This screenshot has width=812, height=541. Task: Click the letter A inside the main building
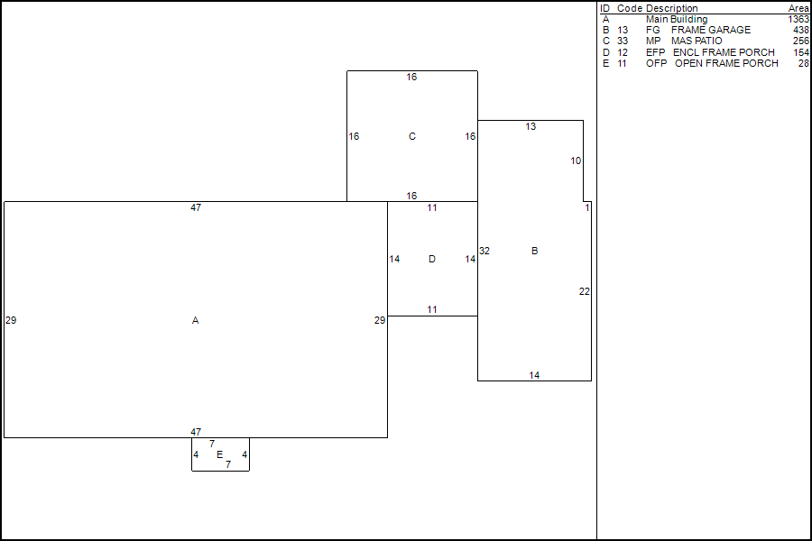(195, 320)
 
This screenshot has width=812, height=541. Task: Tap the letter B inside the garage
(534, 251)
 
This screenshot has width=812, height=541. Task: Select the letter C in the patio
(412, 137)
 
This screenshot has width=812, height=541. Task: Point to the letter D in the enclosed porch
(432, 260)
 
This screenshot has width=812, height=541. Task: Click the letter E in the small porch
(219, 454)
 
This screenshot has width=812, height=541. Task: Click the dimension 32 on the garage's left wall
(484, 251)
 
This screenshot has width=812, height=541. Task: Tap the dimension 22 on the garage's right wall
(585, 291)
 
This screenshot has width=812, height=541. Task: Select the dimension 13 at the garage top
(531, 127)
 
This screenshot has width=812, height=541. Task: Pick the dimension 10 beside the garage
(576, 160)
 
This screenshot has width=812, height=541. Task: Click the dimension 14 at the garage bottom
(534, 375)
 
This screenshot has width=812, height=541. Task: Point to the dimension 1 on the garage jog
(587, 207)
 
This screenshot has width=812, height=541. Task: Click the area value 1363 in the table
(798, 19)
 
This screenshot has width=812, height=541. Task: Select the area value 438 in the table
(801, 30)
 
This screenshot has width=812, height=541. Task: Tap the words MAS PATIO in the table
(697, 41)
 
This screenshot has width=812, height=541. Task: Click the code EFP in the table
(655, 52)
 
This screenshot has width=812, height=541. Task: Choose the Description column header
(671, 8)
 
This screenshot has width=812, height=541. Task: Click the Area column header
(798, 8)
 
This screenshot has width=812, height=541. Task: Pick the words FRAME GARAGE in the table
(711, 30)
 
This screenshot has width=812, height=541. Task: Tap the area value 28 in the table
(804, 63)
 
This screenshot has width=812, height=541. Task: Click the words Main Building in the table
(677, 19)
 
